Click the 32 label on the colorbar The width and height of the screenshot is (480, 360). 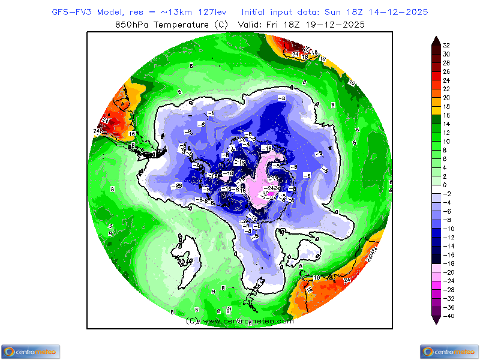click(446, 45)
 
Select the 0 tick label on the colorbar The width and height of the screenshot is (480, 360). click(445, 185)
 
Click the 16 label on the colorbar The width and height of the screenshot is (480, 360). click(446, 115)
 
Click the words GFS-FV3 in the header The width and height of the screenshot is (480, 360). click(71, 12)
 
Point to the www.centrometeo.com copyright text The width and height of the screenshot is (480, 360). click(240, 321)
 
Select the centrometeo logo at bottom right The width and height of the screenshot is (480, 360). click(449, 352)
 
